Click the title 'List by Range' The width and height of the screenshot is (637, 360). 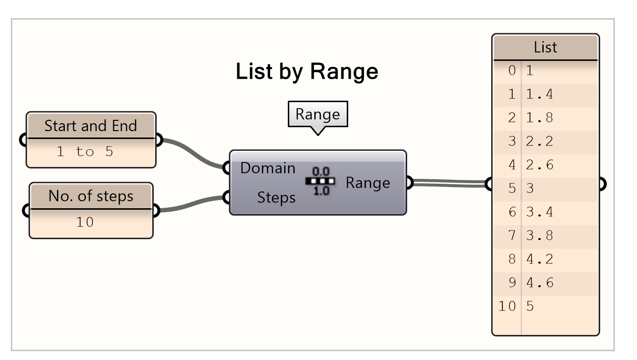click(307, 72)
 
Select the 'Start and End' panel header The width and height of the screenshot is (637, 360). click(90, 126)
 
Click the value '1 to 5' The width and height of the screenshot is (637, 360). click(85, 152)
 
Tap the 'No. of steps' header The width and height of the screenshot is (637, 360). click(91, 196)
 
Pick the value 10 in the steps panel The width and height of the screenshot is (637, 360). click(84, 222)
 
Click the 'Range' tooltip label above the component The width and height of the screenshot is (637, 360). click(317, 114)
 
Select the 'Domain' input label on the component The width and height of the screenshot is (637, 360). click(268, 168)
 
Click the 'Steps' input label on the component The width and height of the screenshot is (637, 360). click(276, 198)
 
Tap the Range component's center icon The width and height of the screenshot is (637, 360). click(320, 181)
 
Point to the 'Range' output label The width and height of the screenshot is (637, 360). click(367, 183)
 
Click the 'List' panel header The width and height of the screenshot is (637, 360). click(545, 47)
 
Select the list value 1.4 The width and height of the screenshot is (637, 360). click(539, 94)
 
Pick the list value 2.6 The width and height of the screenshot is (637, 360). click(539, 165)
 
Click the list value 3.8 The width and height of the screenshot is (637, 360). click(539, 236)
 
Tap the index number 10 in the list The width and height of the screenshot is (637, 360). click(507, 306)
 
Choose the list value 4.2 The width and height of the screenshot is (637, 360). click(539, 259)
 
